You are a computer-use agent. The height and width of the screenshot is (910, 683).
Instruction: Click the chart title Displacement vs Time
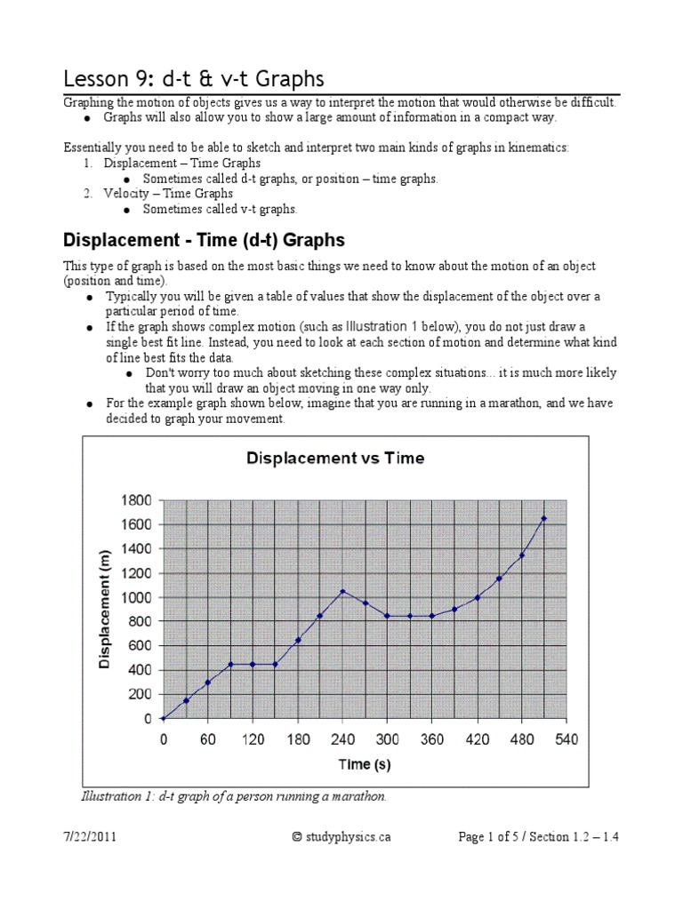tap(335, 459)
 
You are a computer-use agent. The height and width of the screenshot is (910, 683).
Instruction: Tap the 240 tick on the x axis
tap(342, 739)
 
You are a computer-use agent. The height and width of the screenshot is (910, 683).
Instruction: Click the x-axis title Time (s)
tap(364, 764)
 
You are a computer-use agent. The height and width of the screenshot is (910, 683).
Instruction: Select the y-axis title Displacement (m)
tap(105, 609)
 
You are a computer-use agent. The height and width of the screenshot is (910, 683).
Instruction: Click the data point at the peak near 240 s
tap(342, 591)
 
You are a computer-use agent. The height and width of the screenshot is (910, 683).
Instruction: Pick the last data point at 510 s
tap(543, 518)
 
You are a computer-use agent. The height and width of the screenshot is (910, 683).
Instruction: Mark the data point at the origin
tap(163, 718)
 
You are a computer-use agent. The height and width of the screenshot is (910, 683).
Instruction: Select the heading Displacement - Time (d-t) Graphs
tap(204, 240)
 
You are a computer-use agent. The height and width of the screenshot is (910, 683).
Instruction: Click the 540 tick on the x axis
tap(566, 739)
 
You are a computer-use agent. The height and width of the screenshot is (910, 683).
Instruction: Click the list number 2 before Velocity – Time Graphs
tap(88, 193)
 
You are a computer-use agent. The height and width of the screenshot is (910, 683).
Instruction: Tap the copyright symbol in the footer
tap(297, 836)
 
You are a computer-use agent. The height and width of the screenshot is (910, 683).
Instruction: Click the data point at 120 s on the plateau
tap(253, 664)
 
